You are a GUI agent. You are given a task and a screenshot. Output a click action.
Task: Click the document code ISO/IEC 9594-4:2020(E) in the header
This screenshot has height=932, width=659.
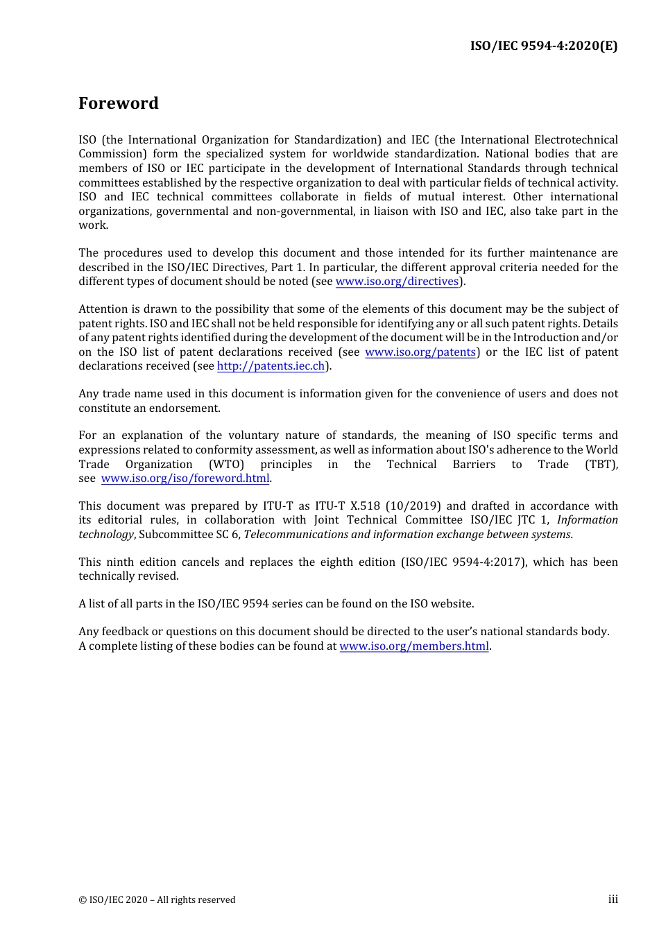click(543, 46)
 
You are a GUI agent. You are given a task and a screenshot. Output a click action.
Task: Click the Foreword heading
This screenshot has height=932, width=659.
click(119, 103)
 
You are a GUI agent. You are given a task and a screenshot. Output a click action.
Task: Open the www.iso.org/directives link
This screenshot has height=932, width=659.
click(397, 282)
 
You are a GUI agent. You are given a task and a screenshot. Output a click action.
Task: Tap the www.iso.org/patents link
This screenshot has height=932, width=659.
click(420, 352)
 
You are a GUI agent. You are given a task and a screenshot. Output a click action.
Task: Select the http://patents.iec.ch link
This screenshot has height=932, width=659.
click(271, 366)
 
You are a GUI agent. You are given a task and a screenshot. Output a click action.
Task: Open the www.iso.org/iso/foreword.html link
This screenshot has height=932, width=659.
click(185, 478)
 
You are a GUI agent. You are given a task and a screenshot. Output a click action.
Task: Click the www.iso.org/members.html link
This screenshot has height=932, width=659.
click(414, 646)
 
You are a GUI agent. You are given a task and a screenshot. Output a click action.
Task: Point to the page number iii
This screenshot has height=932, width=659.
click(613, 899)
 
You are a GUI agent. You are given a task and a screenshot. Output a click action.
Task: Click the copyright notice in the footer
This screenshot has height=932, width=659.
click(157, 900)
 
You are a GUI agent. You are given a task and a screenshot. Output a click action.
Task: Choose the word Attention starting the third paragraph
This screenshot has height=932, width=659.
click(102, 309)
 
